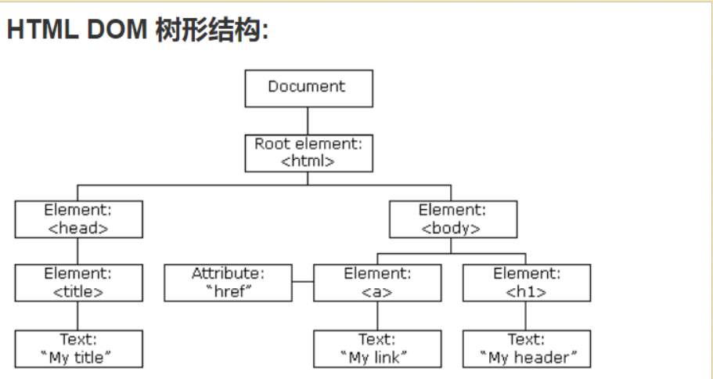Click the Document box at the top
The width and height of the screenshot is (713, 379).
pos(308,88)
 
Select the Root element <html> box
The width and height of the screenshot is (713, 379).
pos(308,153)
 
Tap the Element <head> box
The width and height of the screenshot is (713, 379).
pos(78,218)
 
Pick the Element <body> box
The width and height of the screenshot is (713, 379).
pos(452,218)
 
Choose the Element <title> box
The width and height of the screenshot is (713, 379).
pos(78,283)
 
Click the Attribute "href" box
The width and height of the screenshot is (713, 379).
pos(229,283)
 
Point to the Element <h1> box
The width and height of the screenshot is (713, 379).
pos(527,283)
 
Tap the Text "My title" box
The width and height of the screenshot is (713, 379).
pos(78,348)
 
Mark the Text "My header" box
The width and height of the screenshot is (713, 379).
pos(527,348)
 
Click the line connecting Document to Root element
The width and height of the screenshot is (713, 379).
pos(308,121)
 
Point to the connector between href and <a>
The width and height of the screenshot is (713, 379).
pos(304,280)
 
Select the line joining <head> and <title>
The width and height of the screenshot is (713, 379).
pos(77,251)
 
